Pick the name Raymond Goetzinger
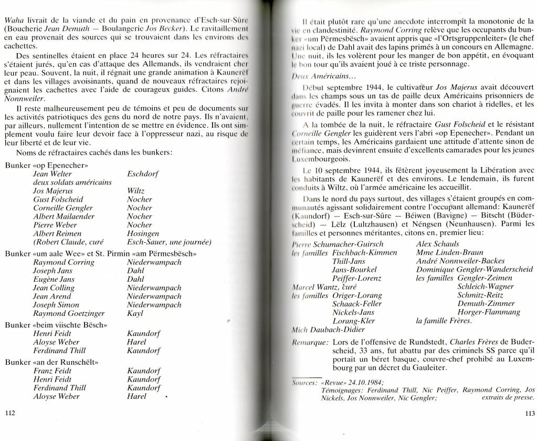coord(65,313)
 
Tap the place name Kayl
coord(135,313)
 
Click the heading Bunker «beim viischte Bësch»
coord(56,325)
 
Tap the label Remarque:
coord(310,342)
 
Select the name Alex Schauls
coord(437,244)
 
